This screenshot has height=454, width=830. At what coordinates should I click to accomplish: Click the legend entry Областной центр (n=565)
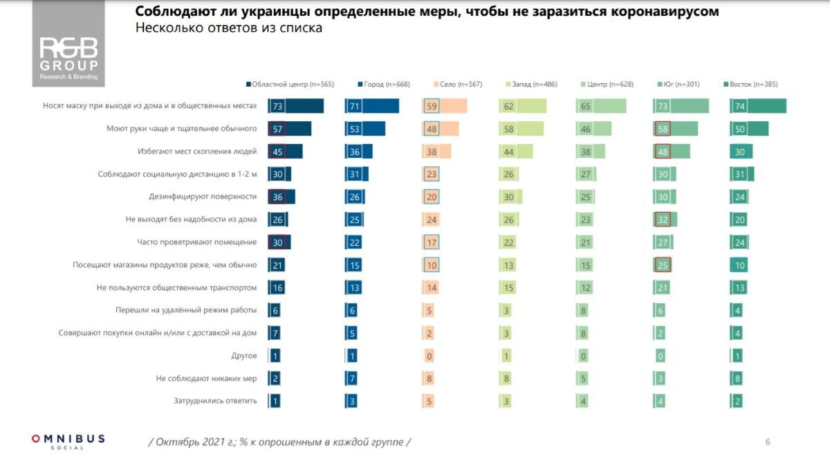click(x=290, y=84)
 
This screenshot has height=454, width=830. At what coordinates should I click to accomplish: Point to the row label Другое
click(x=244, y=356)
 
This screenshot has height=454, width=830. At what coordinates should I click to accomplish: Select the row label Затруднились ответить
click(x=215, y=401)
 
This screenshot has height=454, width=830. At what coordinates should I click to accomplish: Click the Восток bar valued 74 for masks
click(x=758, y=106)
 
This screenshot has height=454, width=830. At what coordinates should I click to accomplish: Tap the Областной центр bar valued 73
click(x=295, y=106)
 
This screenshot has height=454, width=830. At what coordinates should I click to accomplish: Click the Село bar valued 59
click(x=445, y=106)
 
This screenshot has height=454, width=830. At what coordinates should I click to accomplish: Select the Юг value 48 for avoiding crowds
click(x=662, y=152)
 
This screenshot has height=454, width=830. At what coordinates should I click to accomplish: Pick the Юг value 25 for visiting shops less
click(x=662, y=265)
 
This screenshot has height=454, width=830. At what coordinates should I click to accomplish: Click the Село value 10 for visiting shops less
click(x=431, y=265)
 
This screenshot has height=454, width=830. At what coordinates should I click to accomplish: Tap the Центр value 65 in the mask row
click(x=584, y=106)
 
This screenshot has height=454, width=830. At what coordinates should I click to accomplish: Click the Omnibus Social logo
click(x=68, y=441)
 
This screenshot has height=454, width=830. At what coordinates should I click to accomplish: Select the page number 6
click(x=768, y=442)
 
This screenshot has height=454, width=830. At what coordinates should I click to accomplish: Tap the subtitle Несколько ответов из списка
click(x=228, y=29)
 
